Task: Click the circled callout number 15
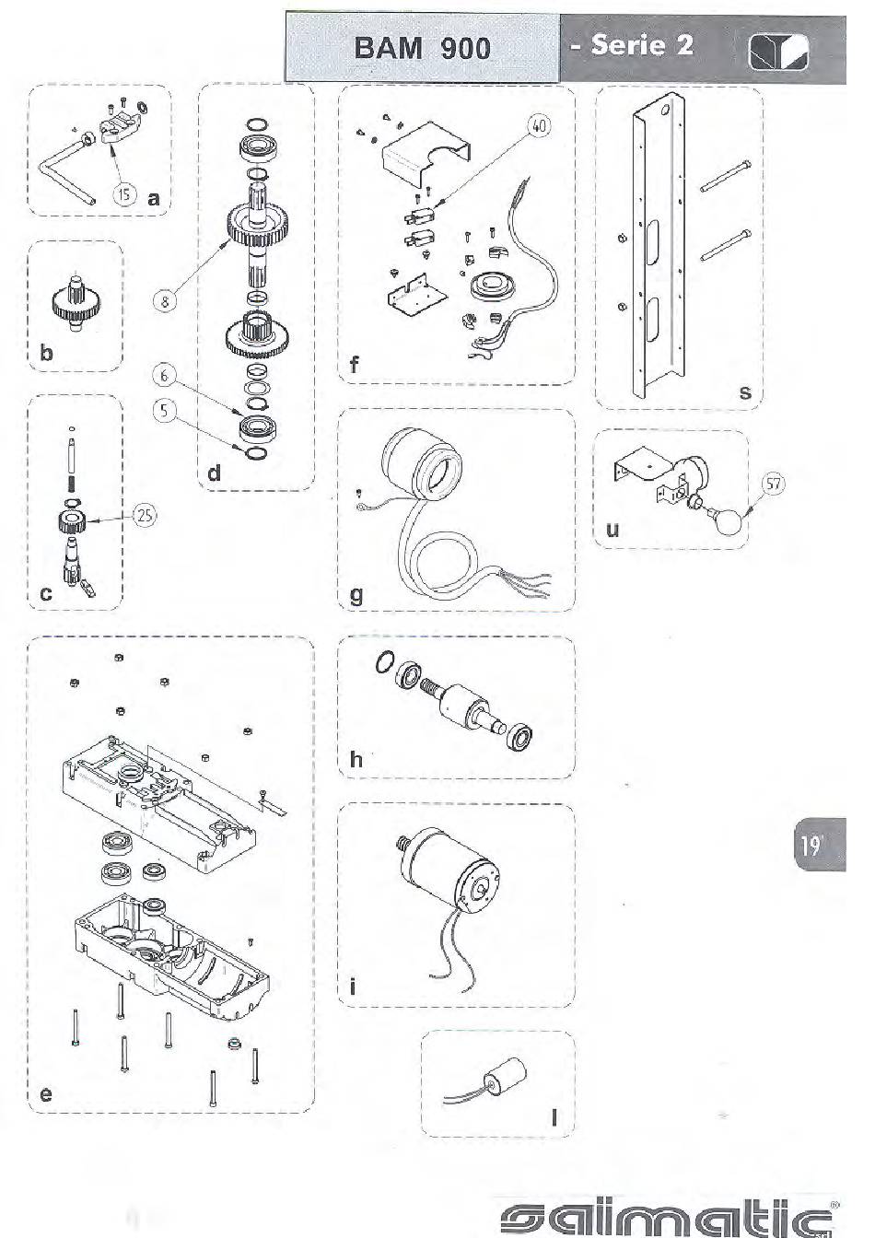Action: (125, 194)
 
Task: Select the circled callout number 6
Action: (164, 376)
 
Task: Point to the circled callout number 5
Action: (164, 411)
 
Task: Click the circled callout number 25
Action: (145, 516)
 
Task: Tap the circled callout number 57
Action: (774, 485)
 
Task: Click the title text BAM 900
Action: (422, 48)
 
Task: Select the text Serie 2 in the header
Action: (642, 45)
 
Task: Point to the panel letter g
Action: (356, 595)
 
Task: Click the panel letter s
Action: (745, 391)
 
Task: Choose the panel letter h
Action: (356, 759)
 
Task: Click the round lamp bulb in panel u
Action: (730, 520)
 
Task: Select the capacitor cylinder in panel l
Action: (505, 1074)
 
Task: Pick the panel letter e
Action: (46, 1094)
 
